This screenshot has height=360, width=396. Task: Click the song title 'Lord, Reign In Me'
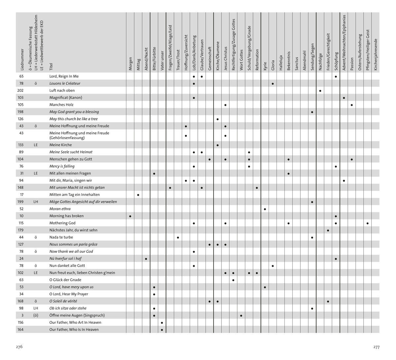(64, 76)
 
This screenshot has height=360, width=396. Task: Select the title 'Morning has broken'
(66, 216)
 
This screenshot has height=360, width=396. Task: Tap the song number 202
(20, 90)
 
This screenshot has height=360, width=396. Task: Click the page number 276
(19, 347)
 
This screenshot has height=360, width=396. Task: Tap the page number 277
(376, 347)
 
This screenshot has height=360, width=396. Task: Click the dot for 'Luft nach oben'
(320, 91)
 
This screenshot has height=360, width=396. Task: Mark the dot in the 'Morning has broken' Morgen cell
(130, 216)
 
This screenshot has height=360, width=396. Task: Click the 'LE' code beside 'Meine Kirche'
(36, 145)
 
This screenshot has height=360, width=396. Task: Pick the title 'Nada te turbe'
(61, 237)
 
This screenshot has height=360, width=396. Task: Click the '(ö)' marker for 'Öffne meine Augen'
(36, 315)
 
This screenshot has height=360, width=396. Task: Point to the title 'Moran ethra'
(60, 209)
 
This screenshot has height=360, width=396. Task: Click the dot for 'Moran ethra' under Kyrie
(265, 209)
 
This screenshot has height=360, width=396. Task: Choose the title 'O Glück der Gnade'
(65, 280)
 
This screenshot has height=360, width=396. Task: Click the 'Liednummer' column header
(22, 60)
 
